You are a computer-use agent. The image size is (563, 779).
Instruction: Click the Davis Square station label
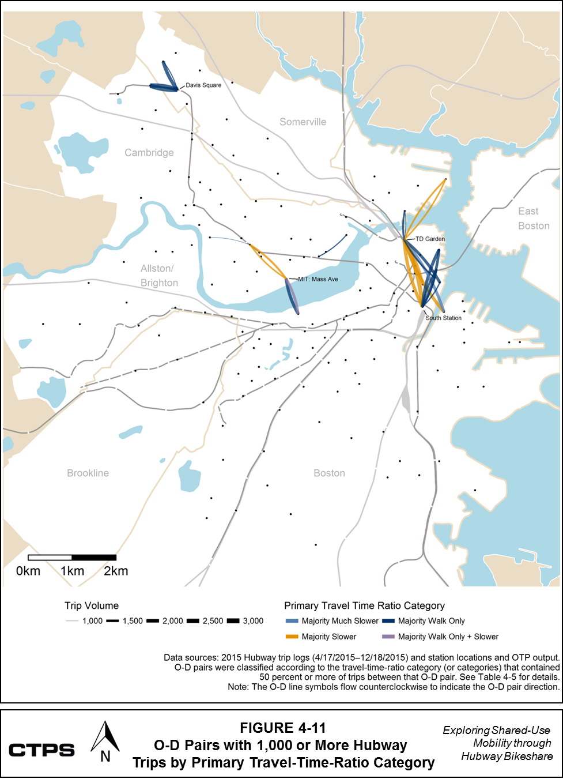click(203, 85)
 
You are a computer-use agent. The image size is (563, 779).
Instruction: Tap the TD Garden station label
click(430, 239)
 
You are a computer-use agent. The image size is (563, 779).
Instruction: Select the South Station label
click(443, 318)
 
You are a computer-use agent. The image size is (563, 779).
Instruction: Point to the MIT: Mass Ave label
click(318, 279)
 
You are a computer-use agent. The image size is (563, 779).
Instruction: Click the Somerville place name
click(303, 122)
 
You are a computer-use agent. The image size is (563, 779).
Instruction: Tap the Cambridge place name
click(149, 152)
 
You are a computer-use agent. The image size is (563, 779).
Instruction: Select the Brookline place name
click(88, 473)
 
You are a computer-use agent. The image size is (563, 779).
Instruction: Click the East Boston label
click(533, 219)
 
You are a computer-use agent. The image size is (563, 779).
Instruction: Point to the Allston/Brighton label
click(158, 276)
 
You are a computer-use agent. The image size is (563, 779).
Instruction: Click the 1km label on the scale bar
click(72, 571)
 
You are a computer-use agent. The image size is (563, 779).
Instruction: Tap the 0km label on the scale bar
click(28, 571)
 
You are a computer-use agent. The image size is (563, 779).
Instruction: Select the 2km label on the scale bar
click(116, 571)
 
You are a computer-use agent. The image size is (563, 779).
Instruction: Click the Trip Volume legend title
click(92, 605)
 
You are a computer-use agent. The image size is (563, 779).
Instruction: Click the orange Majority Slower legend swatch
click(292, 637)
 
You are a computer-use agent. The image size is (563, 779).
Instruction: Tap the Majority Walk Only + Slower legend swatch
click(388, 637)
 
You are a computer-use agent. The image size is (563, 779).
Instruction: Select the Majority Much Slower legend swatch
click(292, 621)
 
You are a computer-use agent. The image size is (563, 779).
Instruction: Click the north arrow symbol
click(105, 743)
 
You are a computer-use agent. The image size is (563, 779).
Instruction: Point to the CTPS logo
click(41, 750)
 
